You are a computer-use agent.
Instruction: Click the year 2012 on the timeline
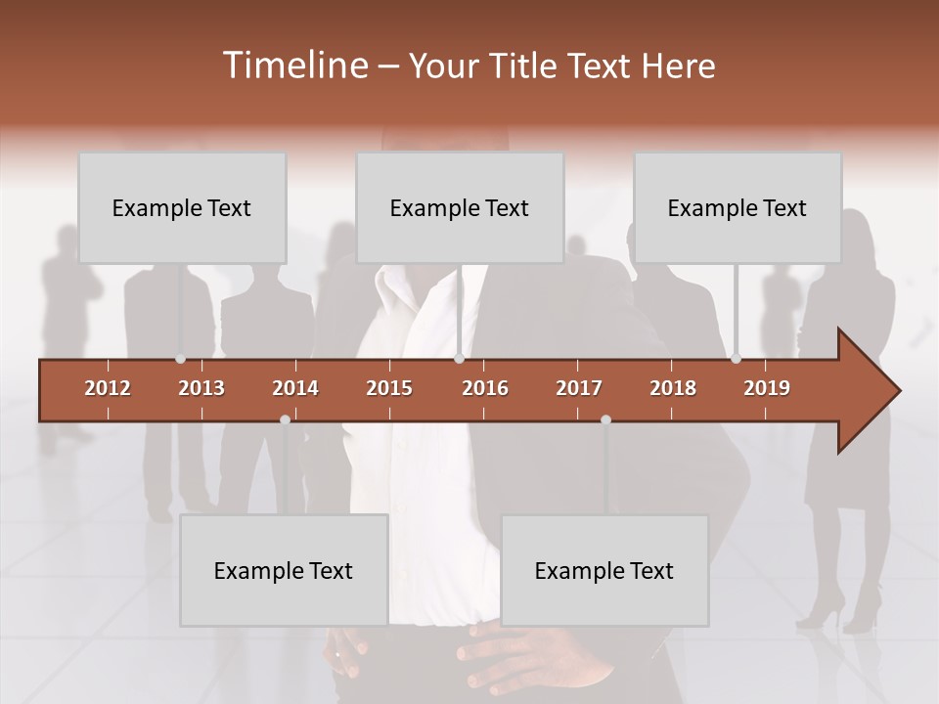click(x=108, y=388)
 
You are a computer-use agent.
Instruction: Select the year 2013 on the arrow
click(x=201, y=388)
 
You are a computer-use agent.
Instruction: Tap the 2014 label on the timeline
click(x=295, y=388)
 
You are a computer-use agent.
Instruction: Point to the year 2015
click(x=389, y=388)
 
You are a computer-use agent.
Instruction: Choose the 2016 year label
click(x=485, y=388)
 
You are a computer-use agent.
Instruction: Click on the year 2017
click(x=579, y=388)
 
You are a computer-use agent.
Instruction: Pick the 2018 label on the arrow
click(x=673, y=388)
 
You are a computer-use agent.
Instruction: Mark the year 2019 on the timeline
click(x=767, y=388)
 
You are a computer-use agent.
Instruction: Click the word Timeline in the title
click(x=294, y=66)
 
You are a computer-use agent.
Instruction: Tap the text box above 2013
click(x=182, y=207)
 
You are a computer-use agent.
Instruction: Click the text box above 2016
click(x=460, y=207)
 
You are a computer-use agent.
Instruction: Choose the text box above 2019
click(x=738, y=207)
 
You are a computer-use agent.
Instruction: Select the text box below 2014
click(x=284, y=570)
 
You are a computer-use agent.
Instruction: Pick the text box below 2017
click(x=604, y=570)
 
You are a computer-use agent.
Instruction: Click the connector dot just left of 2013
click(x=180, y=359)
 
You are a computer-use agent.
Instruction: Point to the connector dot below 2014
click(x=285, y=419)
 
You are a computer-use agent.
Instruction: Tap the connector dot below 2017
click(x=605, y=419)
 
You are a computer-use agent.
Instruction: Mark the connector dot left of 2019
click(x=736, y=359)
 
